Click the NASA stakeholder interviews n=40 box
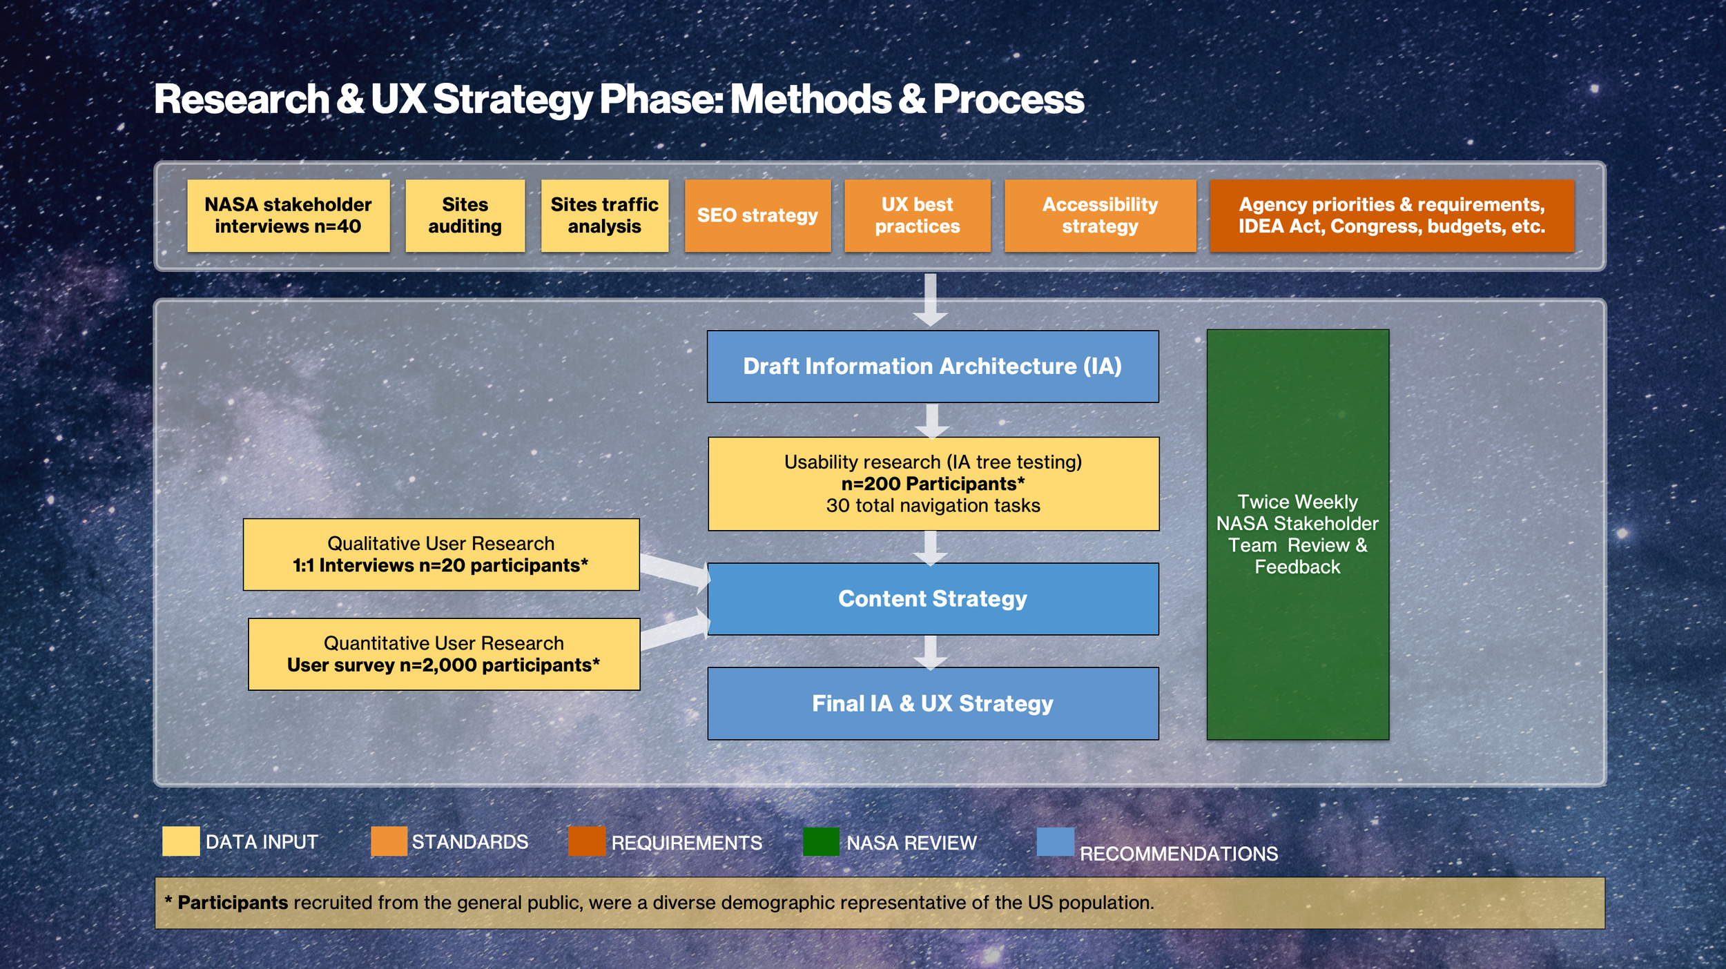pyautogui.click(x=288, y=215)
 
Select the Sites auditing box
pyautogui.click(x=465, y=215)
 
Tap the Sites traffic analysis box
pyautogui.click(x=604, y=215)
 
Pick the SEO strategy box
pyautogui.click(x=757, y=215)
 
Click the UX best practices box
pyautogui.click(x=917, y=215)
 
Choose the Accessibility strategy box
pyautogui.click(x=1100, y=215)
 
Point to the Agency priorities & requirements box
pyautogui.click(x=1391, y=215)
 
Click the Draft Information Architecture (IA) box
pyautogui.click(x=932, y=366)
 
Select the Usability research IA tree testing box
pyautogui.click(x=933, y=483)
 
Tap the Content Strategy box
pyautogui.click(x=932, y=599)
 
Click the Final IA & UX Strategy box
pyautogui.click(x=932, y=703)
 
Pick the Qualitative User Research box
pyautogui.click(x=440, y=554)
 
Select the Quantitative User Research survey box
pyautogui.click(x=443, y=654)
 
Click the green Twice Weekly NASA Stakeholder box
pyautogui.click(x=1297, y=534)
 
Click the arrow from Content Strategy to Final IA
pyautogui.click(x=931, y=652)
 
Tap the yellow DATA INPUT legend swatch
pyautogui.click(x=181, y=841)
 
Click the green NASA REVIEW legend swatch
pyautogui.click(x=821, y=841)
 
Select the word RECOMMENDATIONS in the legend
pyautogui.click(x=1179, y=854)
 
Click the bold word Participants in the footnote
pyautogui.click(x=233, y=903)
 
